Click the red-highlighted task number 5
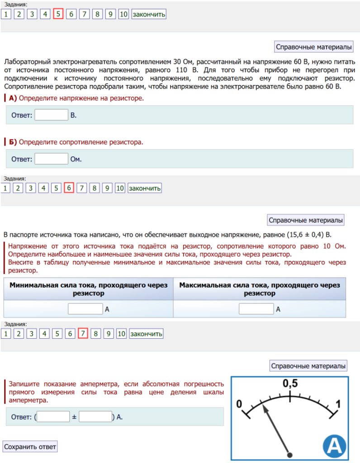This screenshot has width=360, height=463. (x=58, y=14)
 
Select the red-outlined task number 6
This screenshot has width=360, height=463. (x=69, y=188)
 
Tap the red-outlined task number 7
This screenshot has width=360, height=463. (x=83, y=334)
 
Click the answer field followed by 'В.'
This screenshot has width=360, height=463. (x=51, y=115)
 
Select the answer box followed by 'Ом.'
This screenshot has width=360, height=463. (x=51, y=159)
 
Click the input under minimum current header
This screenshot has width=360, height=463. (x=85, y=309)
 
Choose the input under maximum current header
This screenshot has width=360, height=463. (x=256, y=309)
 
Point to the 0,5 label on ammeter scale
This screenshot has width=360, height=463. (x=290, y=384)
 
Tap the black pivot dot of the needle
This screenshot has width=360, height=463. (x=289, y=454)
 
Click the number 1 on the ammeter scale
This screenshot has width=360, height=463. (x=338, y=403)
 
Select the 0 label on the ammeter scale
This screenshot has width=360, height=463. (x=240, y=403)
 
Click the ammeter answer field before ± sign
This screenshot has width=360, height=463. (x=53, y=416)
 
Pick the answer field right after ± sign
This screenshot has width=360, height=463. (x=95, y=416)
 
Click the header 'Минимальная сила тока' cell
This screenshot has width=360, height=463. (x=88, y=289)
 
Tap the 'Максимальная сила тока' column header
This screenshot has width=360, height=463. (x=259, y=289)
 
